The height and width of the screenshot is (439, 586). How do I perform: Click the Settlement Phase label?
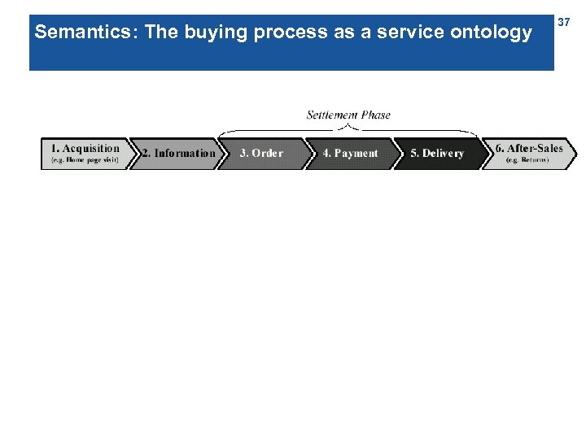348,115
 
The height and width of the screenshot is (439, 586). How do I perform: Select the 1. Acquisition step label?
85,148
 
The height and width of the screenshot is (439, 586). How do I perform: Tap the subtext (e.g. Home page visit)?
85,160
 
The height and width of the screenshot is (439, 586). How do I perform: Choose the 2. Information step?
178,153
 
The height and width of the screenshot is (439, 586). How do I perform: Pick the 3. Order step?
261,153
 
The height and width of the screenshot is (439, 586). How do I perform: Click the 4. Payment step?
350,153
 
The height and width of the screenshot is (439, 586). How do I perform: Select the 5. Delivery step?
437,153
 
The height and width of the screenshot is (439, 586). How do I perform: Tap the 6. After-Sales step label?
529,148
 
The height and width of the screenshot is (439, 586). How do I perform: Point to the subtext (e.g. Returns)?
527,160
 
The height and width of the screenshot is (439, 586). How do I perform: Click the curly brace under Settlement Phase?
348,128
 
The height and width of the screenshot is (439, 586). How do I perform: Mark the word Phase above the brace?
376,115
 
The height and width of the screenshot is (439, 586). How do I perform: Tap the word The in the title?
163,33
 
